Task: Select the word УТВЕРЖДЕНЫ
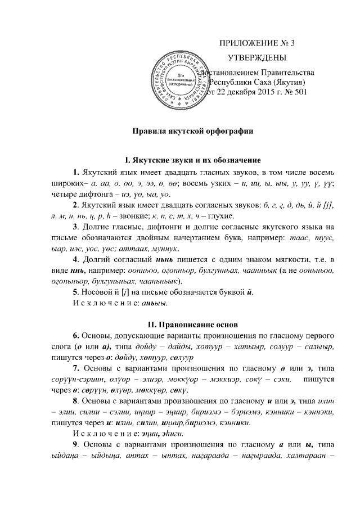[256, 58]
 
